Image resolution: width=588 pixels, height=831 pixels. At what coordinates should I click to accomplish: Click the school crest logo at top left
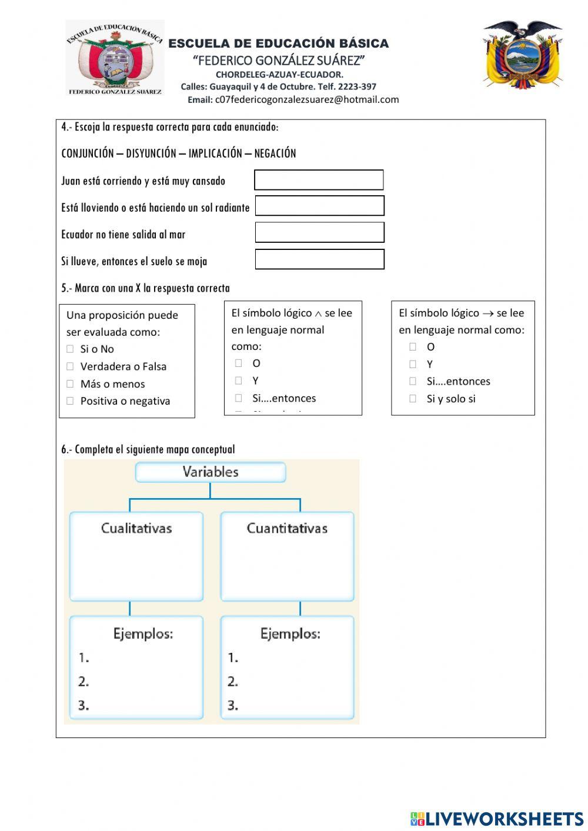click(115, 58)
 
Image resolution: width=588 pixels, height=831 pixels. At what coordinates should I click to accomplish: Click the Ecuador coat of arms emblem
click(522, 55)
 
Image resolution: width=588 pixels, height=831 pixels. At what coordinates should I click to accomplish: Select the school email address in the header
click(306, 99)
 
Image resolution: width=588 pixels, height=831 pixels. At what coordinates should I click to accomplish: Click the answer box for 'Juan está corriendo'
click(319, 180)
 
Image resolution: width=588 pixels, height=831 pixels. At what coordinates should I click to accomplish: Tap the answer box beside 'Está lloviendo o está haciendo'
click(319, 206)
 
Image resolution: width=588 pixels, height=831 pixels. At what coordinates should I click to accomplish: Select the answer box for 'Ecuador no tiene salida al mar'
click(319, 232)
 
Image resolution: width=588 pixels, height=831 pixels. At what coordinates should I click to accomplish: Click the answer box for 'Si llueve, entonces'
click(319, 259)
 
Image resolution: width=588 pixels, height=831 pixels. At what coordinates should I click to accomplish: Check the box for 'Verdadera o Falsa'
click(70, 366)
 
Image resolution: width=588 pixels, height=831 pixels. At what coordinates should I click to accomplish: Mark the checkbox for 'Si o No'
click(70, 349)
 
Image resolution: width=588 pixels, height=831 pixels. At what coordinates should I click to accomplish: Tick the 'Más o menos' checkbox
click(70, 384)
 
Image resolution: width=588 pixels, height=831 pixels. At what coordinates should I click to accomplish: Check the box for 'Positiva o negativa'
click(70, 401)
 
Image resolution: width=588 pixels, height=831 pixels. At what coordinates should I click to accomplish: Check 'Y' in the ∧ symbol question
click(238, 381)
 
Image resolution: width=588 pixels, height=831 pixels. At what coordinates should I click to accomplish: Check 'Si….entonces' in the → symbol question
click(413, 381)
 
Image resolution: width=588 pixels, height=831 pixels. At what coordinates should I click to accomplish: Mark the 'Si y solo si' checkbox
click(413, 399)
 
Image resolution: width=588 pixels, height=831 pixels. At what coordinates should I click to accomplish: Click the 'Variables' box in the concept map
click(211, 472)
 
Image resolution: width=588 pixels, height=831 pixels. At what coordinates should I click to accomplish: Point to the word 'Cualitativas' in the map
click(136, 528)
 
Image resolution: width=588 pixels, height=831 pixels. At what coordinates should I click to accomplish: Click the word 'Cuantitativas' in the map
click(287, 528)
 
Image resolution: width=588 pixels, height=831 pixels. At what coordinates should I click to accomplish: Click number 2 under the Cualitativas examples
click(83, 682)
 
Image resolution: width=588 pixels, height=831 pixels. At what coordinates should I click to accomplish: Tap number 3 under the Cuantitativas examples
click(233, 705)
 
